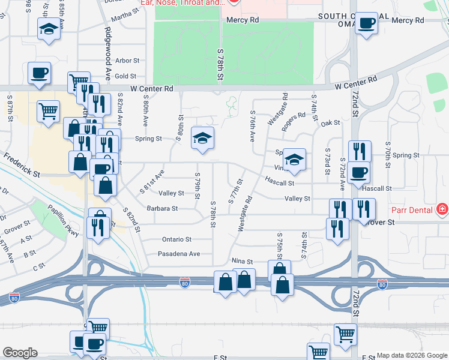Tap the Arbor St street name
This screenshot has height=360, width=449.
pos(127,61)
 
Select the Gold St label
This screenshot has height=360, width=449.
pos(126,76)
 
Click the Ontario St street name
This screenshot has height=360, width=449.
pos(176,239)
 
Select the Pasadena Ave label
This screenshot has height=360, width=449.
pos(179,254)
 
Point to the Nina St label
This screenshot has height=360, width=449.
pos(243,262)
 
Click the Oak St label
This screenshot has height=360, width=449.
pos(330,123)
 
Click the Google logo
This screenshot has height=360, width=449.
pos(20,353)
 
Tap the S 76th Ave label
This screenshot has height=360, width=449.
pos(252,126)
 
